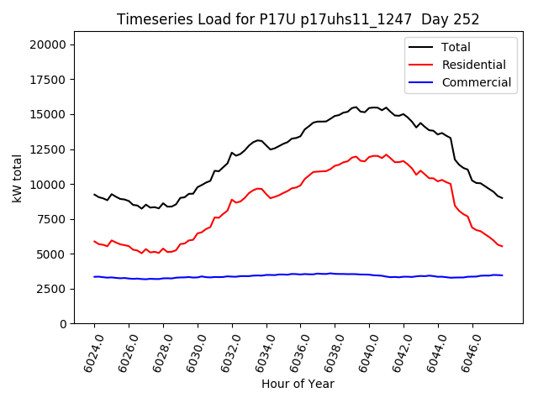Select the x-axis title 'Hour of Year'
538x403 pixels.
click(x=298, y=384)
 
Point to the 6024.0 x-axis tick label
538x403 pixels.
click(x=90, y=353)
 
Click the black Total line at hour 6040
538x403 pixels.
click(x=369, y=107)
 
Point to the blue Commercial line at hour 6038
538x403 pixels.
click(x=335, y=274)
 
